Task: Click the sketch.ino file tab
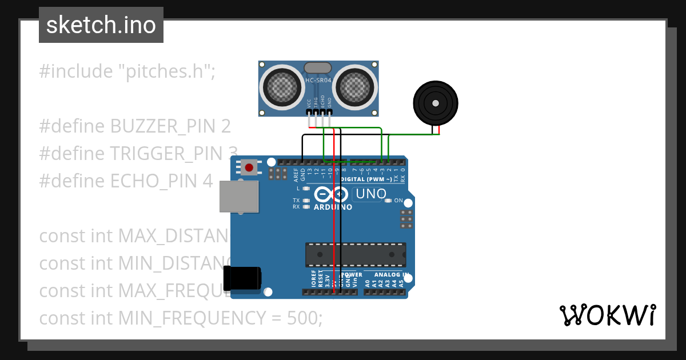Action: [101, 25]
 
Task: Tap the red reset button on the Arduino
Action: [249, 167]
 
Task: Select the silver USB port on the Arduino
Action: [239, 197]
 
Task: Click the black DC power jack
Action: [243, 278]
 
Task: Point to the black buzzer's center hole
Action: [436, 103]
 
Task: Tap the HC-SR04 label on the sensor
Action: [318, 81]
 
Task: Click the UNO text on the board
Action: [371, 194]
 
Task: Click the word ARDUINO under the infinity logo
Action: [333, 207]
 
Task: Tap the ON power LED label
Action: [398, 201]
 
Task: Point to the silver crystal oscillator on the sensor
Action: [317, 68]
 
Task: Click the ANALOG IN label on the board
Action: [390, 274]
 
